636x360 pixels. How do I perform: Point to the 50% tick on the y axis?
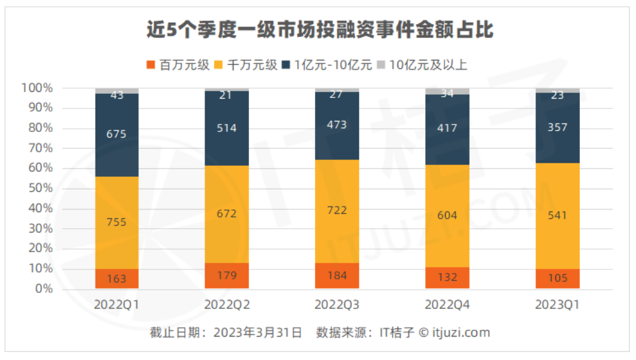pyautogui.click(x=41, y=189)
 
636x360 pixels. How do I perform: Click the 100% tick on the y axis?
pyautogui.click(x=38, y=88)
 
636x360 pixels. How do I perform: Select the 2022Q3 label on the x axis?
pyautogui.click(x=337, y=305)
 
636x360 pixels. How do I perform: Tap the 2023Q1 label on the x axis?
pyautogui.click(x=557, y=305)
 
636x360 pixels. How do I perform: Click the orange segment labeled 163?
pyautogui.click(x=116, y=279)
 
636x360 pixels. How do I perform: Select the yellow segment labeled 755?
pyautogui.click(x=116, y=223)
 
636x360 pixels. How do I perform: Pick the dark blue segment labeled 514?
pyautogui.click(x=227, y=128)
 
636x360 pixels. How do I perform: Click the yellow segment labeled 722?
pyautogui.click(x=337, y=211)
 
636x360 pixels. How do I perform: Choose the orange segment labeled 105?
pyautogui.click(x=557, y=279)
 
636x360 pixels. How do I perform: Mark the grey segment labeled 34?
pyautogui.click(x=447, y=92)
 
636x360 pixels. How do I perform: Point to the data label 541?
pyautogui.click(x=557, y=216)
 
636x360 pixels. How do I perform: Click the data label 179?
pyautogui.click(x=227, y=276)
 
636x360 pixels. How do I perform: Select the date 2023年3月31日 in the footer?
pyautogui.click(x=258, y=333)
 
